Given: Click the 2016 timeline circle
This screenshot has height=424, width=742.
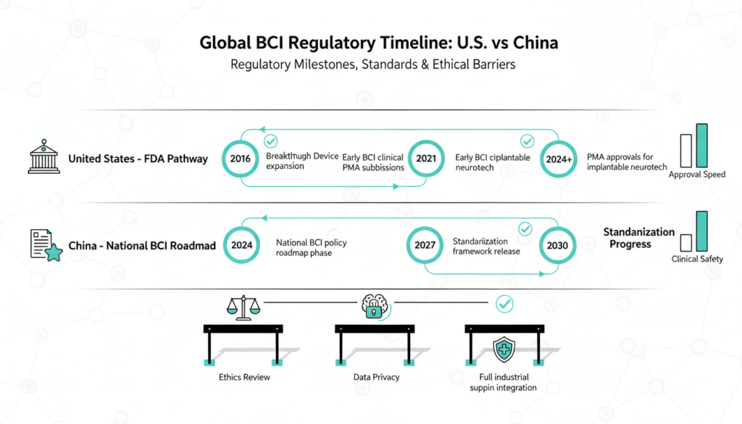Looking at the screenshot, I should click(x=240, y=158).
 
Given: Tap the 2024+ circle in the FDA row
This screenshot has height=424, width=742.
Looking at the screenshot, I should click(x=559, y=158).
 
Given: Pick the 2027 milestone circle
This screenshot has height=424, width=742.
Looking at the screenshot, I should click(x=425, y=245).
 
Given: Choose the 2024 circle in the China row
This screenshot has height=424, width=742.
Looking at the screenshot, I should click(x=241, y=245).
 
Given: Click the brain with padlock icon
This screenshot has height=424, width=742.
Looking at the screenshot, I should click(x=375, y=306).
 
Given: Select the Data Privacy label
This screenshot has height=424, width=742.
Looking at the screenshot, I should click(x=375, y=378).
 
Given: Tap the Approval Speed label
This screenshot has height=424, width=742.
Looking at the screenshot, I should click(x=696, y=175).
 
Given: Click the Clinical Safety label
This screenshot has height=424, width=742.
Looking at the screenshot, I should click(x=697, y=259).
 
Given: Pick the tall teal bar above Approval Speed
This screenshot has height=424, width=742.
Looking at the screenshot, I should click(x=701, y=146).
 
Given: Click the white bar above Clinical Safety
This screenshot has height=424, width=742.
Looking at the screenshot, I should click(x=686, y=242).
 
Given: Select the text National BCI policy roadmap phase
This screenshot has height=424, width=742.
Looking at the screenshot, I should click(x=312, y=248).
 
